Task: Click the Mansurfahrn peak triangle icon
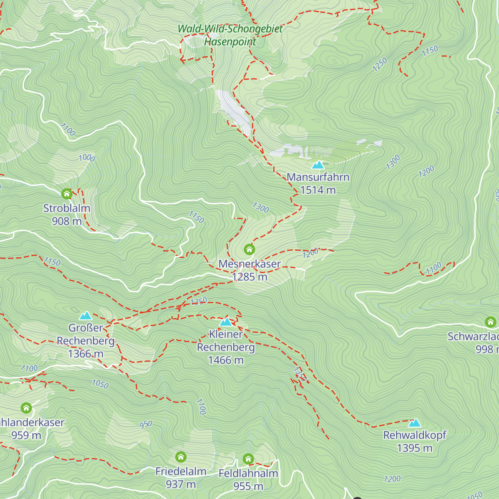(318, 165)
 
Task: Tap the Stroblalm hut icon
(67, 194)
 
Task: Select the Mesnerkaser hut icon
(249, 249)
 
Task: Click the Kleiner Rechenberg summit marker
(226, 322)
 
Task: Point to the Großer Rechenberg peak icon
(86, 316)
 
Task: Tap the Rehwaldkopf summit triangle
(415, 423)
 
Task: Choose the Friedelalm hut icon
(180, 457)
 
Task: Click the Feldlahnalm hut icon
(248, 459)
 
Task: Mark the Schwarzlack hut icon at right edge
(491, 322)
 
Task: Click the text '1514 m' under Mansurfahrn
(318, 190)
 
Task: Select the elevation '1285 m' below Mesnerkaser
(249, 277)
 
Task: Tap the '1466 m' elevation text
(226, 360)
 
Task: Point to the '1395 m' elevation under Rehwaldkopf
(415, 448)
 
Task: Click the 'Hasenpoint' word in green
(230, 42)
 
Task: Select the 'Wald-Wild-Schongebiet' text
(230, 29)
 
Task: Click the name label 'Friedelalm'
(180, 472)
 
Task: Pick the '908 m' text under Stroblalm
(67, 221)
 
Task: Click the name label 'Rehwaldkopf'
(415, 435)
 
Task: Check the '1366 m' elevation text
(86, 354)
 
